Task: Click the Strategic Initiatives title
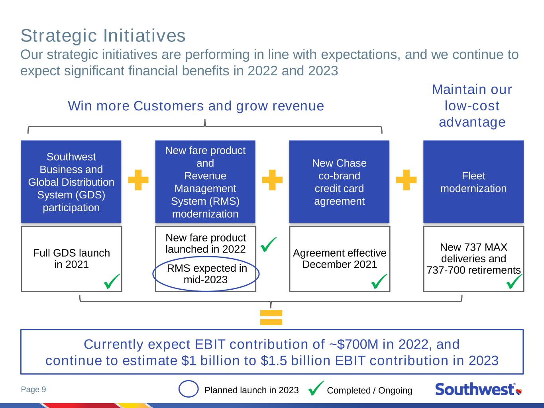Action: pos(103,36)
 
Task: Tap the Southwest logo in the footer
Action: pos(479,389)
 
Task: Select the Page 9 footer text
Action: pos(33,389)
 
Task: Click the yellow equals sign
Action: pos(271,318)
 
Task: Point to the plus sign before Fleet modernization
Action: pos(406,180)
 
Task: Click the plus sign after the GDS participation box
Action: pos(138,180)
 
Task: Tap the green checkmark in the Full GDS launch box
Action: pos(112,281)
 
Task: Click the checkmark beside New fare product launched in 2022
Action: pos(268,245)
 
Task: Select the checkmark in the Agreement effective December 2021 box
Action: pos(379,281)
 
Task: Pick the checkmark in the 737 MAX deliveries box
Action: pos(514,281)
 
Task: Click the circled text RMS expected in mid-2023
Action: pos(207,274)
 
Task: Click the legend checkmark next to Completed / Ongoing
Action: pos(316,388)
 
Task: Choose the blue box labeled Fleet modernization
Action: pos(473,182)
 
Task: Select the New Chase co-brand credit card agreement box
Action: pos(339,182)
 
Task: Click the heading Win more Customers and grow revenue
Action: pos(196,106)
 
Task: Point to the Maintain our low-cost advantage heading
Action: pos(472,106)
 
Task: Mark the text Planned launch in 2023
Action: pos(251,390)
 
